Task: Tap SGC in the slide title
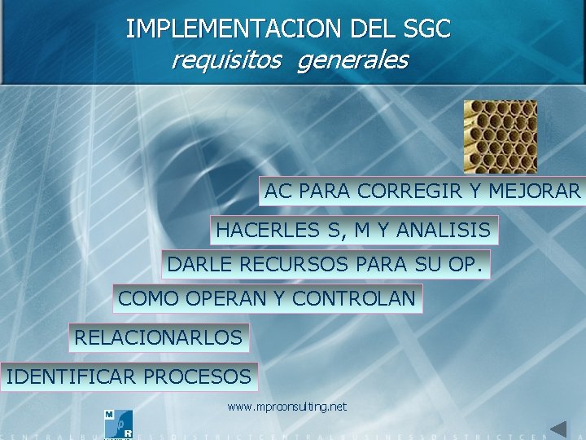426,29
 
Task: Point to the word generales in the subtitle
353,60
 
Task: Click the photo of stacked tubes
500,137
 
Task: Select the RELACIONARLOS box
159,337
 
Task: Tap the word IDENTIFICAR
71,376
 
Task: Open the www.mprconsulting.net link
286,406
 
